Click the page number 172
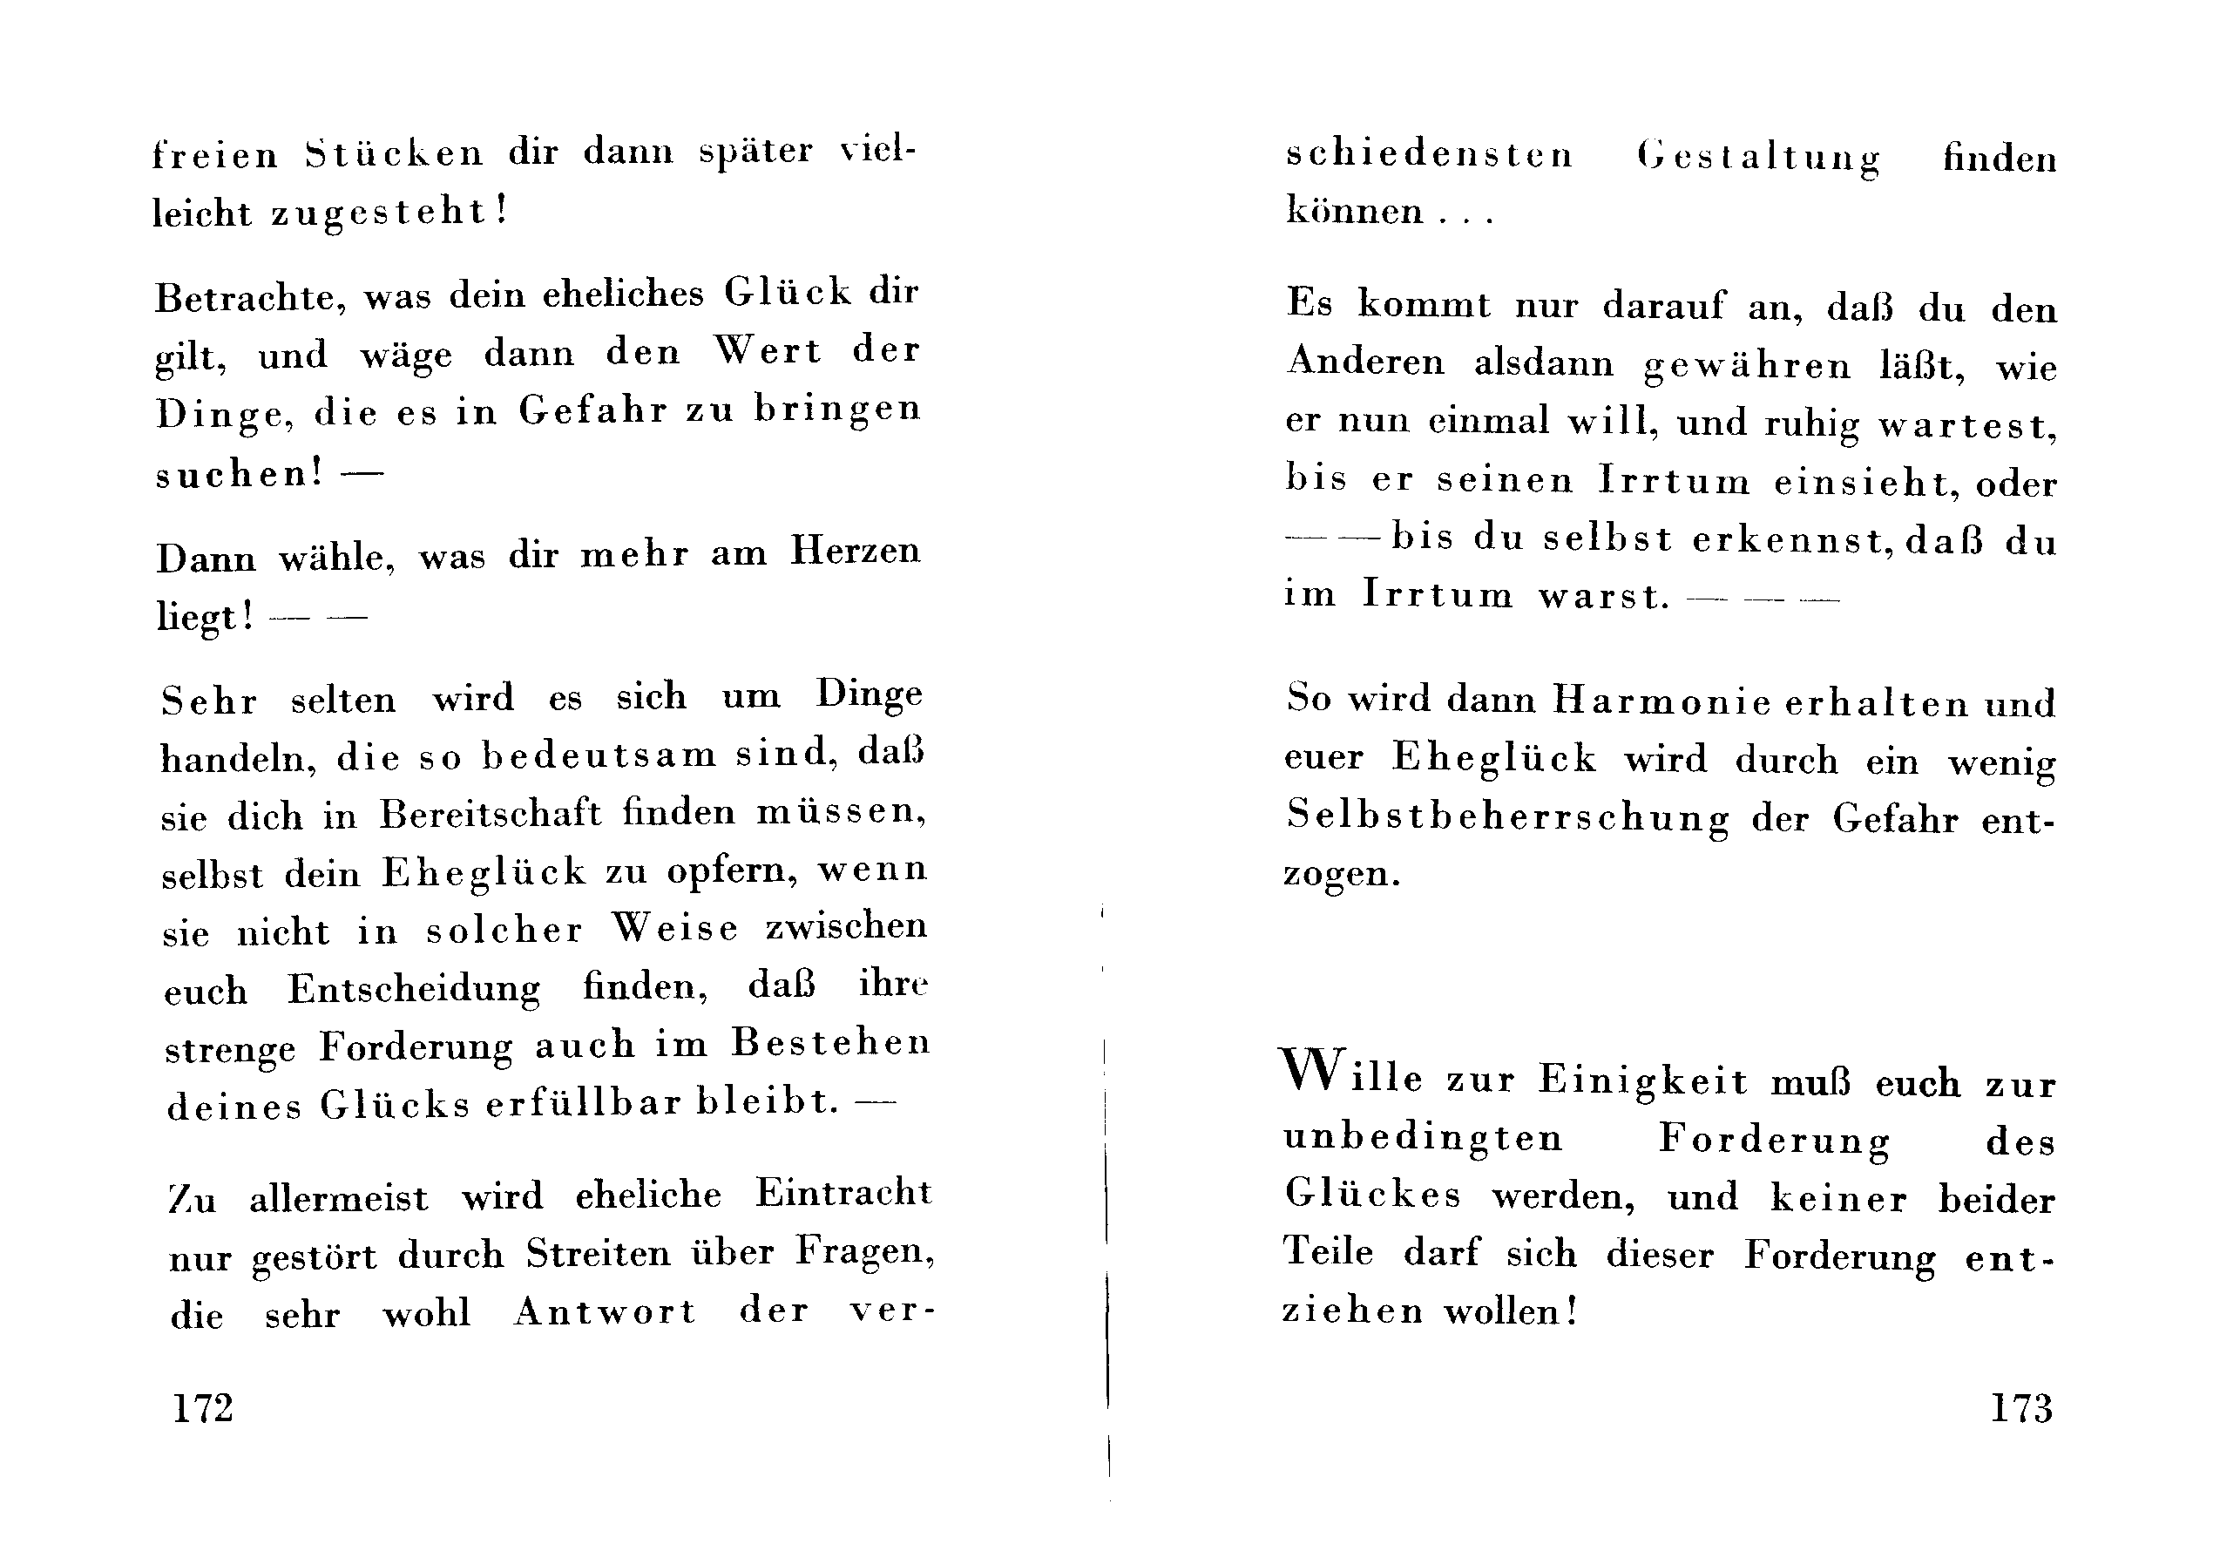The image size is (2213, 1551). tap(202, 1408)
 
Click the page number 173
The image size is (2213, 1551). tap(2021, 1408)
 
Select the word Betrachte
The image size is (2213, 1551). tap(248, 297)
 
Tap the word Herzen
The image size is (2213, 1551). tap(855, 552)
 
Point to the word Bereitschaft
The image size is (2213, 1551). tap(490, 815)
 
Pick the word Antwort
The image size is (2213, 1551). tap(605, 1312)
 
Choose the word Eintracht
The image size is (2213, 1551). tap(843, 1194)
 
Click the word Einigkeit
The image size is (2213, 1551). tap(1642, 1080)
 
